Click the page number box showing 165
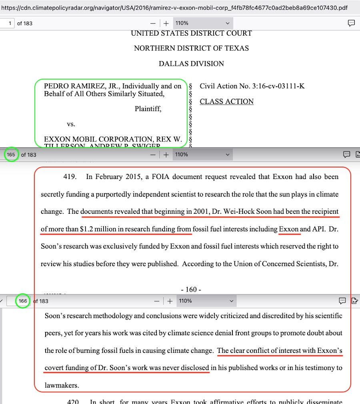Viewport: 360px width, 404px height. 11,155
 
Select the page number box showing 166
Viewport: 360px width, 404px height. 23,301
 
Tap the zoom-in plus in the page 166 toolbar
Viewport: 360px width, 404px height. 170,301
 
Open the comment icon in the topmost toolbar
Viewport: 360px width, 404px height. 351,23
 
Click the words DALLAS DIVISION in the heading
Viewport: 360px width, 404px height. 191,64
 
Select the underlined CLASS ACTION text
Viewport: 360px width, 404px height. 226,101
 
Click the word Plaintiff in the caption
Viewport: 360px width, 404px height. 148,109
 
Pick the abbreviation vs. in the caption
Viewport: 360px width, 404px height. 71,124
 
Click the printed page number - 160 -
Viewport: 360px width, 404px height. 191,289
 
